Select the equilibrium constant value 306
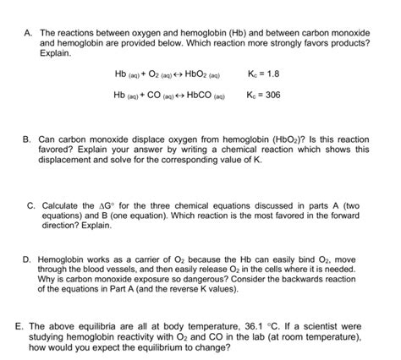click(272, 95)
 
